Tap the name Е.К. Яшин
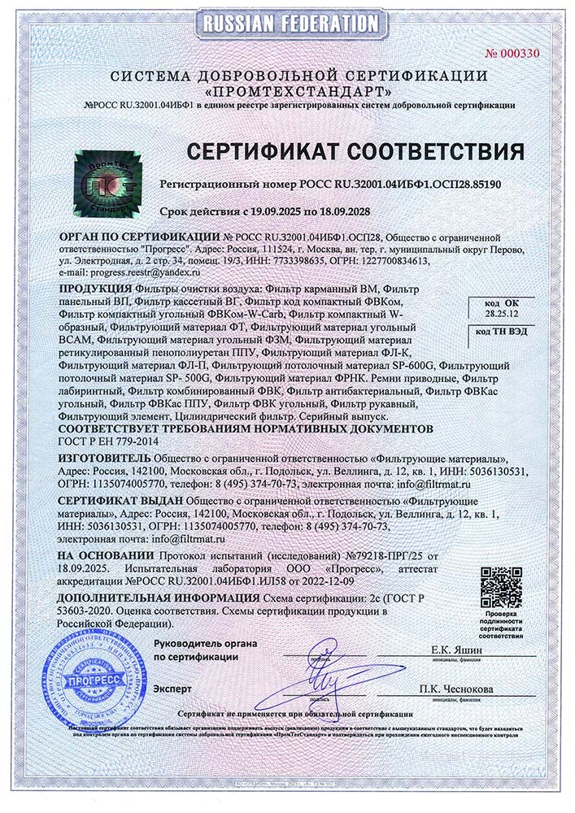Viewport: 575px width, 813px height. tap(460, 650)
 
